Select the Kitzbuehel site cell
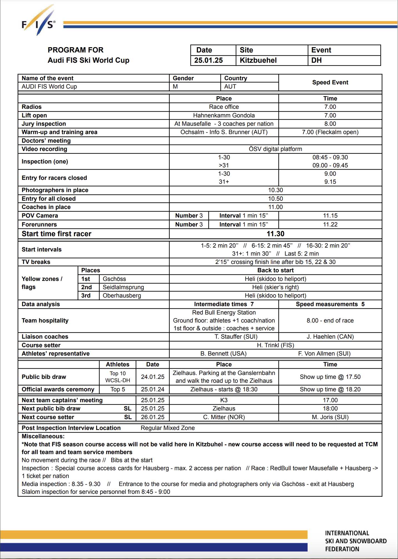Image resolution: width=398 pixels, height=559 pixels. pos(258,60)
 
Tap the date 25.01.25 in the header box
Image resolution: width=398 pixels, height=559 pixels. pos(208,60)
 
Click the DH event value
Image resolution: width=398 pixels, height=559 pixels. pos(316,60)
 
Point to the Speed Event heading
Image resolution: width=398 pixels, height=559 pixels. pos(330,82)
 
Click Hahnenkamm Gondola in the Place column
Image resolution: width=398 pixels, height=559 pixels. pos(224,115)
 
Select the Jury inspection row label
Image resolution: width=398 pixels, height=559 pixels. pos(44,124)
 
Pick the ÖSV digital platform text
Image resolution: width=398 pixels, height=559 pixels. pos(275,149)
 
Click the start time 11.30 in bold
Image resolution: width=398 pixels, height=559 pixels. pos(275,234)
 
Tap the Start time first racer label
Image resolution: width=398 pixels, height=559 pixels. pos(56,234)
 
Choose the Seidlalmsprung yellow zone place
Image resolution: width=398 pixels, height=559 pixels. pos(123,287)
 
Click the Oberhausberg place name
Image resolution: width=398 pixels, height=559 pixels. pos(122,296)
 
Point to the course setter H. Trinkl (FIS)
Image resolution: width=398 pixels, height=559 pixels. pos(275,345)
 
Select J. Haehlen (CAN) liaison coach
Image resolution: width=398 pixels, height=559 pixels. pos(330,337)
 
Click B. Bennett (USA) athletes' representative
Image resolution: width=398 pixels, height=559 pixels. pos(223,354)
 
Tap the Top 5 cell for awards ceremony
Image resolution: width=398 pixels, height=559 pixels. pos(118,389)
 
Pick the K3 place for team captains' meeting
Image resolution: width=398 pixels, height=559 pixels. pos(224,400)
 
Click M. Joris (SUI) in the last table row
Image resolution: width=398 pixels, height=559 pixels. pos(330,417)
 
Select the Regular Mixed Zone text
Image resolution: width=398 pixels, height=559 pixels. pos(168,428)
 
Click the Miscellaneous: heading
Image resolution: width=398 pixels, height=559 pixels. pos(43,436)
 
